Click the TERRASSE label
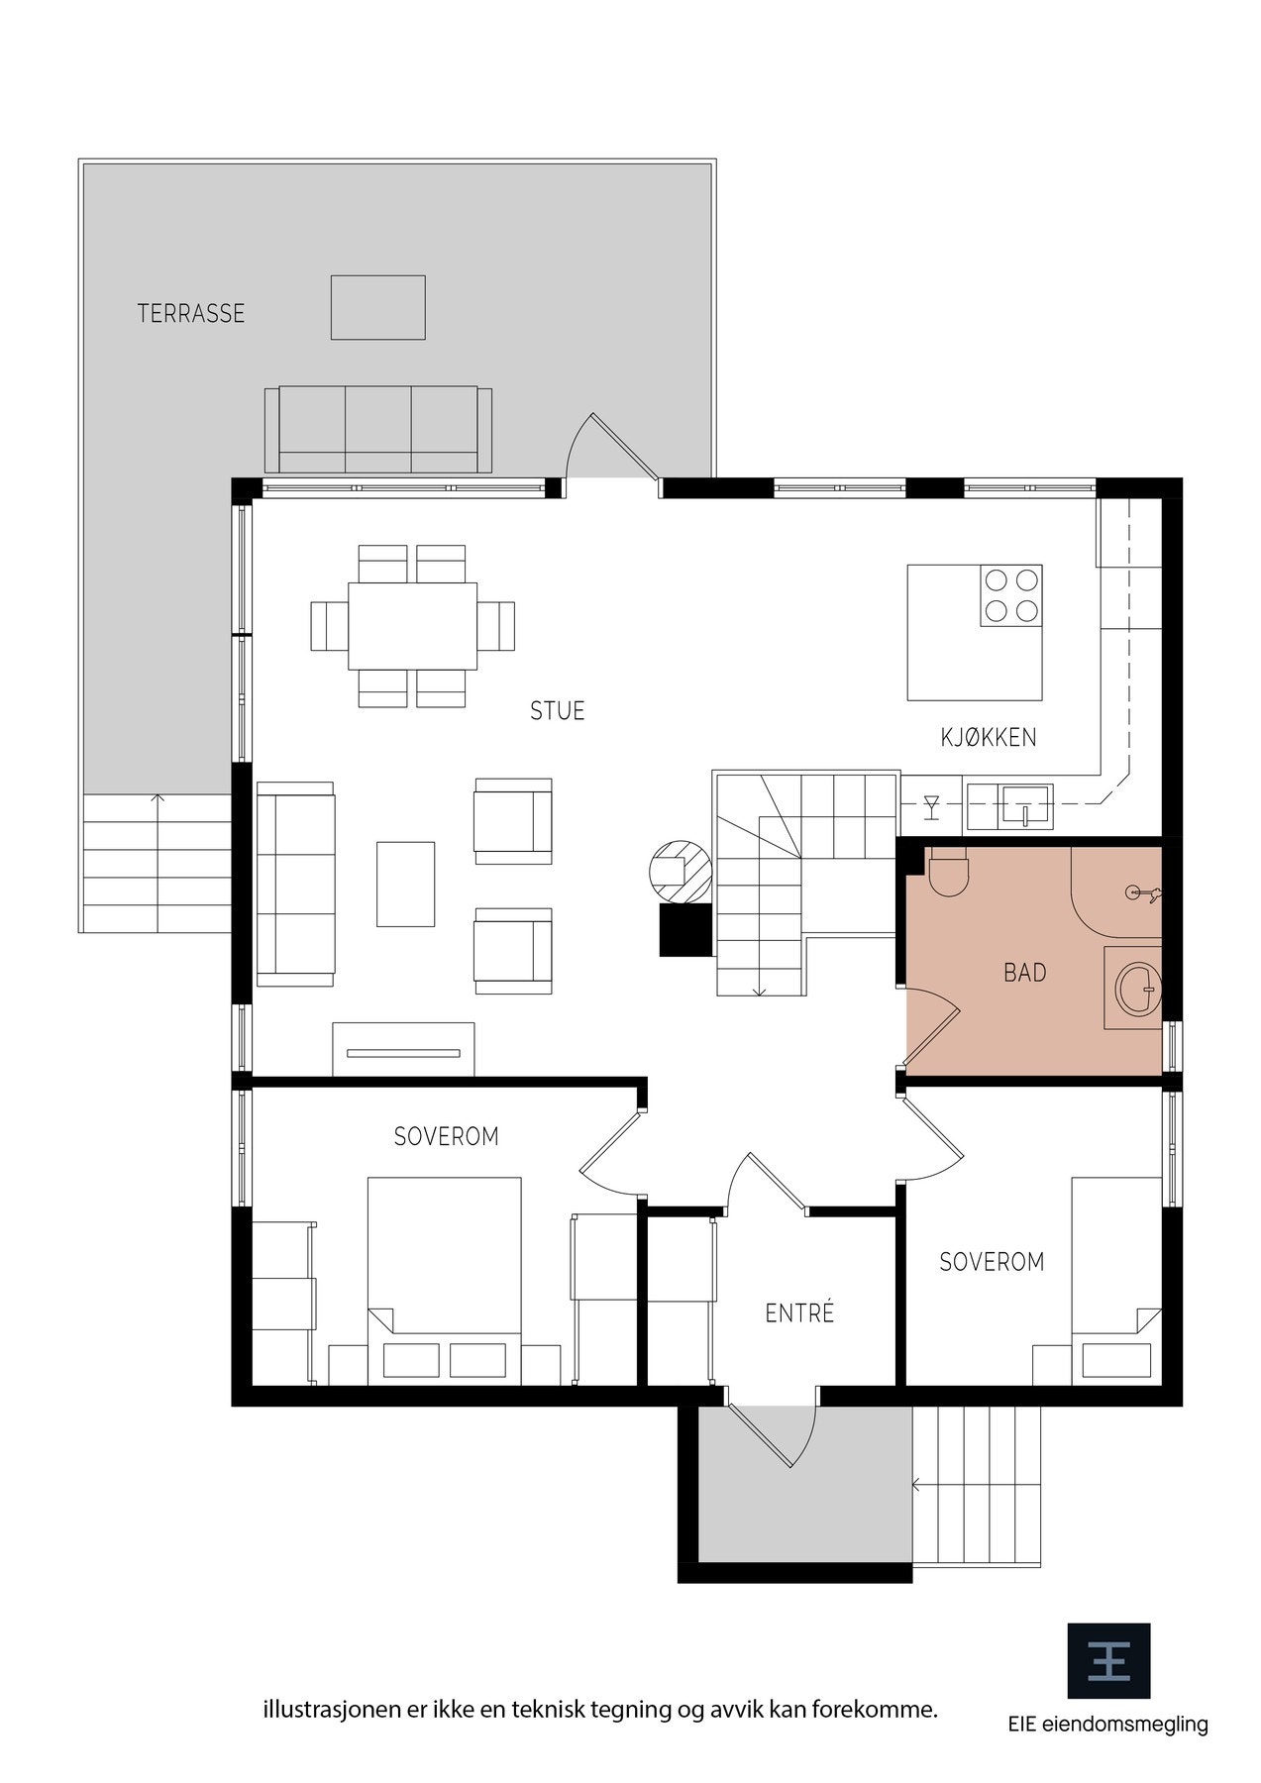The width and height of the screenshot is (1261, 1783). pyautogui.click(x=191, y=314)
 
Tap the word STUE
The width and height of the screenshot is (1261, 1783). pyautogui.click(x=558, y=710)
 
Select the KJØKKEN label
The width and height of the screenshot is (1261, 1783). pyautogui.click(x=989, y=737)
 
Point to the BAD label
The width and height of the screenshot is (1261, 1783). pyautogui.click(x=1025, y=973)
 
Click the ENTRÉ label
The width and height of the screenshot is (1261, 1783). pyautogui.click(x=800, y=1312)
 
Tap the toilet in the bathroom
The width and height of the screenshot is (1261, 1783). pyautogui.click(x=948, y=871)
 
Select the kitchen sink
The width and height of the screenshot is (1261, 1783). pyautogui.click(x=1025, y=803)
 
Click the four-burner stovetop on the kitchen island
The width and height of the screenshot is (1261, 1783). pyautogui.click(x=1011, y=595)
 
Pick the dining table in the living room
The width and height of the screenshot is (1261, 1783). pyautogui.click(x=412, y=626)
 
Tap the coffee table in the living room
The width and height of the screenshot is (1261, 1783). pyautogui.click(x=405, y=884)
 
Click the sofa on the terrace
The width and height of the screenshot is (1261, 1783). pyautogui.click(x=378, y=429)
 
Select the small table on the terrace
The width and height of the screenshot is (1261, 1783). pyautogui.click(x=378, y=307)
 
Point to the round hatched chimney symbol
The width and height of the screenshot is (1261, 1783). pyautogui.click(x=680, y=871)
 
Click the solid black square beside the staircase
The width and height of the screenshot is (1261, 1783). pyautogui.click(x=685, y=929)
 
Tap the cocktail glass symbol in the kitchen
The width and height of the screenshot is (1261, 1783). pyautogui.click(x=931, y=806)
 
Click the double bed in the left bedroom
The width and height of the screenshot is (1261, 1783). pyautogui.click(x=445, y=1280)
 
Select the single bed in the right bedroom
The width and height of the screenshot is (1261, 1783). pyautogui.click(x=1116, y=1280)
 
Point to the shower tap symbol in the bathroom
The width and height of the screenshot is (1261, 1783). pyautogui.click(x=1145, y=893)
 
